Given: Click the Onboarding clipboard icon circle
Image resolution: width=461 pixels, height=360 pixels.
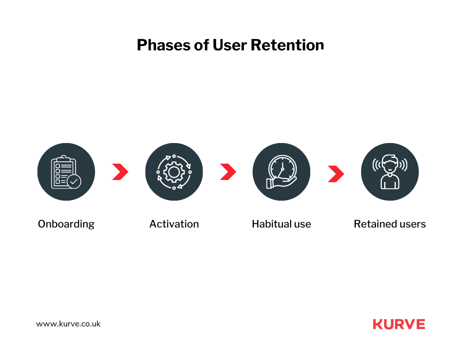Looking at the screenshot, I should tap(66, 172).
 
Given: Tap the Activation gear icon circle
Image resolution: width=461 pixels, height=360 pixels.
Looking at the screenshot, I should tap(174, 172).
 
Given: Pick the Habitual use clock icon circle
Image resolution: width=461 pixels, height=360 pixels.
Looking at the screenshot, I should tap(281, 172).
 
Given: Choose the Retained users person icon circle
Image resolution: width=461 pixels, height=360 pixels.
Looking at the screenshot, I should tap(389, 172).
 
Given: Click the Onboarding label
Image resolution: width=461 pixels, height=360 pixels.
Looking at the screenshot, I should tap(66, 224).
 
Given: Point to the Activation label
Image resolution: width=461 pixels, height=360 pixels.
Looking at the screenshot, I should tap(174, 224).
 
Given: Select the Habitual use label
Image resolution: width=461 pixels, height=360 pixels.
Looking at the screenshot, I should tap(281, 224).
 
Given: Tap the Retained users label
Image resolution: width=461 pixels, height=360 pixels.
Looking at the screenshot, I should tap(389, 224).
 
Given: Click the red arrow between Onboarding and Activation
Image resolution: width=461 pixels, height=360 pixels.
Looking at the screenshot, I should tap(120, 172).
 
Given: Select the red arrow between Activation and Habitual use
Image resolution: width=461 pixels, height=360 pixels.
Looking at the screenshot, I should tap(228, 172).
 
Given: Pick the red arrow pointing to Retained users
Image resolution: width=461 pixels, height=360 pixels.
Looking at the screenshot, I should tap(336, 174).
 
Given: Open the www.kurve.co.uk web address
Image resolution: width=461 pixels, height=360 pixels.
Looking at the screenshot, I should tap(68, 324).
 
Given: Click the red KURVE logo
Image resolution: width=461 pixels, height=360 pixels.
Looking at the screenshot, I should tap(399, 324).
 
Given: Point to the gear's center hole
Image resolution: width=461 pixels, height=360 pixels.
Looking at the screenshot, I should tap(174, 172).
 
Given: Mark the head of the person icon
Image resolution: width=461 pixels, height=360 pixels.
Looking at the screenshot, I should tap(389, 164).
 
